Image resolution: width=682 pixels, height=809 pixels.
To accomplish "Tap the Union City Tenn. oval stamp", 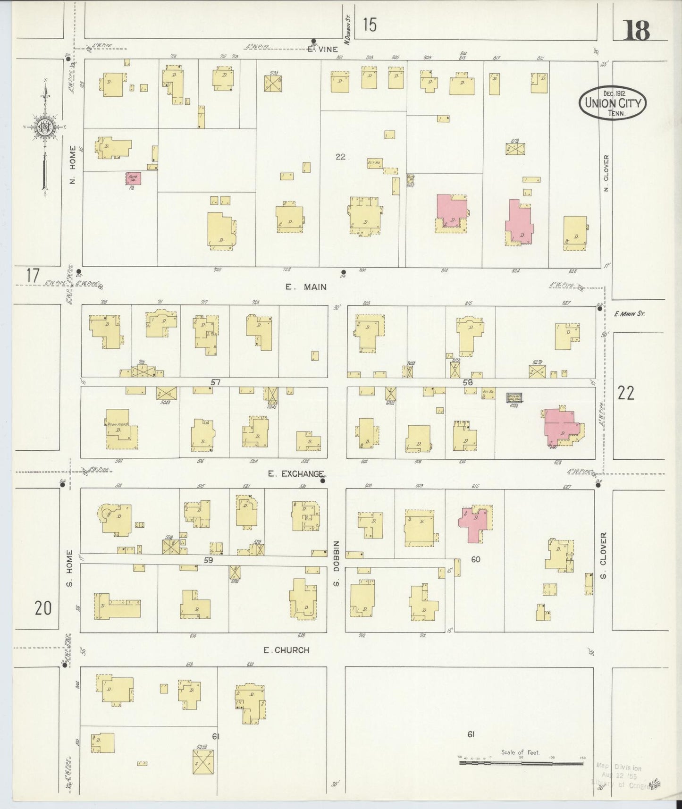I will tap(613, 103).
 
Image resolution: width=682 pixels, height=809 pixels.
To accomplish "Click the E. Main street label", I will tap(306, 287).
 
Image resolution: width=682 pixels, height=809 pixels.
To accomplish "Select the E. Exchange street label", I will tap(295, 473).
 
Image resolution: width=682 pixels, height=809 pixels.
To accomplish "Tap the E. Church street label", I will tap(286, 650).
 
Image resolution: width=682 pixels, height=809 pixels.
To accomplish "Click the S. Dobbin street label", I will tap(337, 564).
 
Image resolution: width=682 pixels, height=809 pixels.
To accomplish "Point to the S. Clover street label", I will tap(604, 556).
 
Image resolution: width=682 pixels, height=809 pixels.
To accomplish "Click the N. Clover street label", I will tap(606, 173).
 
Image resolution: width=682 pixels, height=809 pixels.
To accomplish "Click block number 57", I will tap(216, 382).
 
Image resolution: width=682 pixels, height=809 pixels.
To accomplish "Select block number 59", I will tap(208, 560).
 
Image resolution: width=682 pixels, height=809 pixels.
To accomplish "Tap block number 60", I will tap(475, 559).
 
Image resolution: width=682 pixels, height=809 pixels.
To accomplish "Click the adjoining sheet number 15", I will tap(370, 25).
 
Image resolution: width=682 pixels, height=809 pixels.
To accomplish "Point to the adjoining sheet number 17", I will tap(32, 275).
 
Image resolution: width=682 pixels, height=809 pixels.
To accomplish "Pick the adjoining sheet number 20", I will tap(42, 608).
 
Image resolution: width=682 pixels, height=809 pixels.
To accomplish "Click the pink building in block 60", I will tap(474, 522).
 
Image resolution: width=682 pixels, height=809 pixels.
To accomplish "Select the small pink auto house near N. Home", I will tap(133, 178).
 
